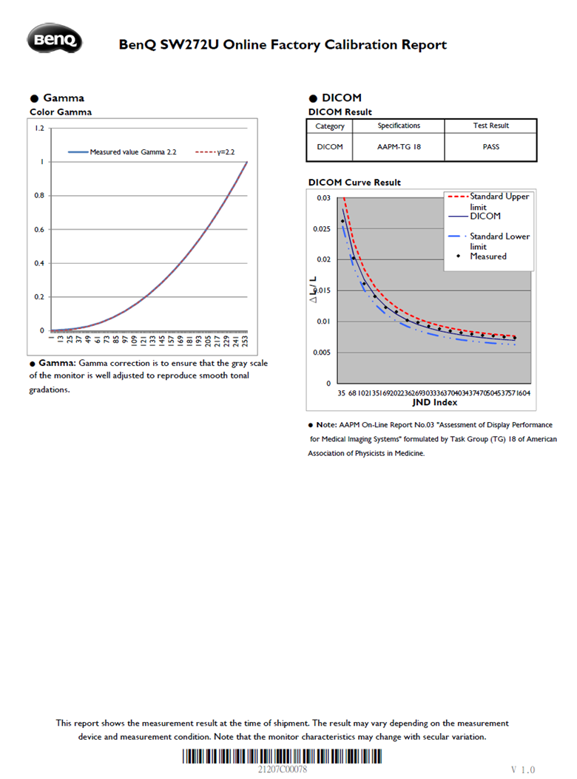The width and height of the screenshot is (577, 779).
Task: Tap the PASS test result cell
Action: pos(490,146)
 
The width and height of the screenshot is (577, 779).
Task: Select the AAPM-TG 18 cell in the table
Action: pos(399,146)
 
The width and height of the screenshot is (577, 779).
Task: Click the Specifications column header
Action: pos(399,126)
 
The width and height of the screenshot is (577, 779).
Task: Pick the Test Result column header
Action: pos(490,126)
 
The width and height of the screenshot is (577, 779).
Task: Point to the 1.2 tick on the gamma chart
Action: pos(40,129)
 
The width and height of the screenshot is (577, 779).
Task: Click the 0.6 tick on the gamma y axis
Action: pos(40,229)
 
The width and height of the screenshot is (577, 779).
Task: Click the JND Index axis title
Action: pos(434,403)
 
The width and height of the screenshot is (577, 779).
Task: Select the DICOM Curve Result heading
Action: pos(354,183)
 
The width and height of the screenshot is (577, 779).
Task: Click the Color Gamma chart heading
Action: pos(61,112)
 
